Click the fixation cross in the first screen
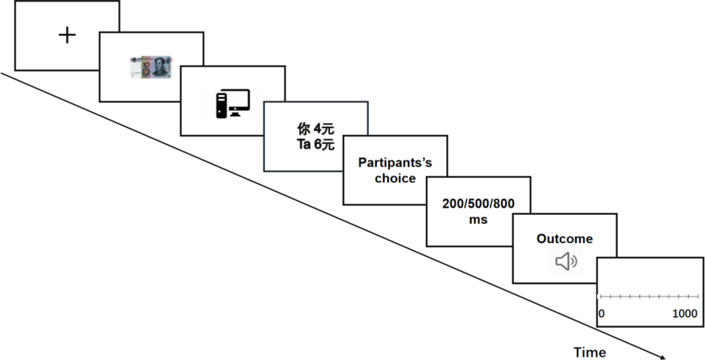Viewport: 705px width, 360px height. pos(67,35)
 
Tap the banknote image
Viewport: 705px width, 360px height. pos(151,67)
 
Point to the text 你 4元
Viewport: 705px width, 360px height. pos(315,129)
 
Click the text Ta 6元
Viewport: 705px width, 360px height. pos(315,144)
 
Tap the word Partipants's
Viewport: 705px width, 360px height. pos(395,163)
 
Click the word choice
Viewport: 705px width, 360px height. pos(395,178)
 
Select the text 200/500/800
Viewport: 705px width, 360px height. pos(478,204)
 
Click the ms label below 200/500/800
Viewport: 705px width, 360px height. pos(478,220)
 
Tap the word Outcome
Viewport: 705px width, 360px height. pos(565,239)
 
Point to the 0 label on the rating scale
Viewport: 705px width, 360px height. pos(601,313)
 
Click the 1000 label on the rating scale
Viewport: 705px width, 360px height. pos(684,313)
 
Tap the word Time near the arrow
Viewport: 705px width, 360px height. pos(589,352)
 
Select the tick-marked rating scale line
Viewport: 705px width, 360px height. pos(650,297)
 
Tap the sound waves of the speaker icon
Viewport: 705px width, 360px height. pos(574,261)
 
